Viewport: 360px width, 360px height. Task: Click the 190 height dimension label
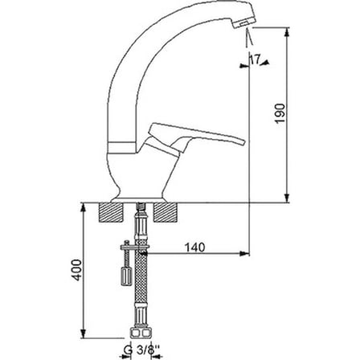point(280,113)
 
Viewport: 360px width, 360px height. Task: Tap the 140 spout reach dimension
point(195,247)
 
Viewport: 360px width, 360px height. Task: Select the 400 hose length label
point(77,270)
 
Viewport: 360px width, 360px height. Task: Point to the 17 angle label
point(255,59)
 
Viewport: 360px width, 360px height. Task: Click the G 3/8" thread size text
point(141,350)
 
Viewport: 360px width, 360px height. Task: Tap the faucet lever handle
point(196,134)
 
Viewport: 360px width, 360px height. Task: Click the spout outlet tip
point(243,24)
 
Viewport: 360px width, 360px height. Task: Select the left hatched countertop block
point(111,212)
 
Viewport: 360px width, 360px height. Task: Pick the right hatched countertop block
point(165,212)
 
